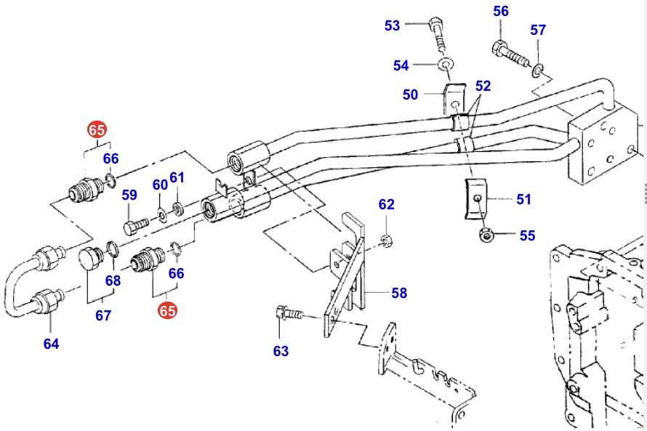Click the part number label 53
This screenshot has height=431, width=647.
tap(393, 26)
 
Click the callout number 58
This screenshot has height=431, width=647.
tap(399, 293)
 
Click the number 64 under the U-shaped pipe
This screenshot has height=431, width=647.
tap(51, 344)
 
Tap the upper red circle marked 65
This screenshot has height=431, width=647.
tap(96, 130)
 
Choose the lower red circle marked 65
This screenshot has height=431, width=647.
tap(168, 310)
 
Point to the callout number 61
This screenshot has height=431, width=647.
tap(177, 177)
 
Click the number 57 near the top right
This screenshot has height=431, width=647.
tap(537, 30)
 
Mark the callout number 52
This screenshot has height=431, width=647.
tap(483, 85)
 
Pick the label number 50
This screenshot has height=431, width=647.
tap(410, 94)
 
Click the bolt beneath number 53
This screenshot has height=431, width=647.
tap(438, 33)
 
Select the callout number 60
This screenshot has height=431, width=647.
tap(160, 185)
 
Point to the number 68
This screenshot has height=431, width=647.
tap(113, 281)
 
